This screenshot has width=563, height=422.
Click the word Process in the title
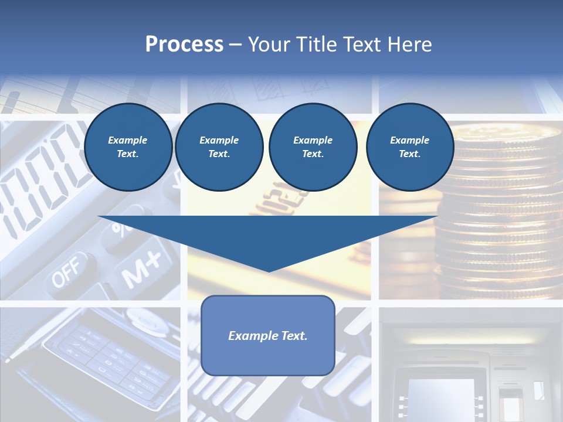(184, 45)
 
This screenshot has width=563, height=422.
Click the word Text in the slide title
(362, 45)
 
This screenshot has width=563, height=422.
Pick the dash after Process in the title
(236, 45)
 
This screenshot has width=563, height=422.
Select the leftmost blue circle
(128, 147)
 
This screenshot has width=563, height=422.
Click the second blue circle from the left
(219, 147)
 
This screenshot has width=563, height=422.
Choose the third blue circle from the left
(313, 147)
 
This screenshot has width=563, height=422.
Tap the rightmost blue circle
(410, 147)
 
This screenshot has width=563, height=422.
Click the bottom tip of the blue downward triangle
(269, 270)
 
